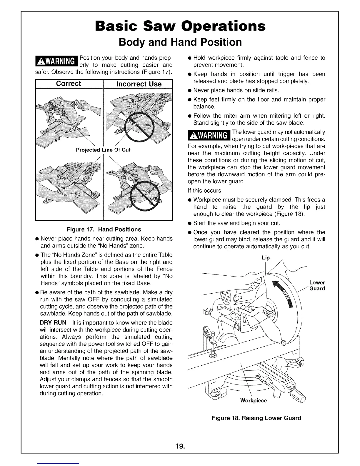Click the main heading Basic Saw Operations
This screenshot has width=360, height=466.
[180, 26]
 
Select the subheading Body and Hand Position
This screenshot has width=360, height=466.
[180, 42]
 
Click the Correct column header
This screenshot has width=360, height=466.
[69, 84]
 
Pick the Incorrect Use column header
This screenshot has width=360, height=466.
[139, 84]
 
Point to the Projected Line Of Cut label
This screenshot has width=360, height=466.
[103, 150]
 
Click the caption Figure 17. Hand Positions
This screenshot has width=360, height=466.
[104, 229]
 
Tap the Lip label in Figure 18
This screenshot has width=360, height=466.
[266, 258]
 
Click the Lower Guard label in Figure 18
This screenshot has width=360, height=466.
[317, 286]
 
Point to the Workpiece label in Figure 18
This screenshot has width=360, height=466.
[254, 401]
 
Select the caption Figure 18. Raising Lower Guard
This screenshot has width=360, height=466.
[256, 418]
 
